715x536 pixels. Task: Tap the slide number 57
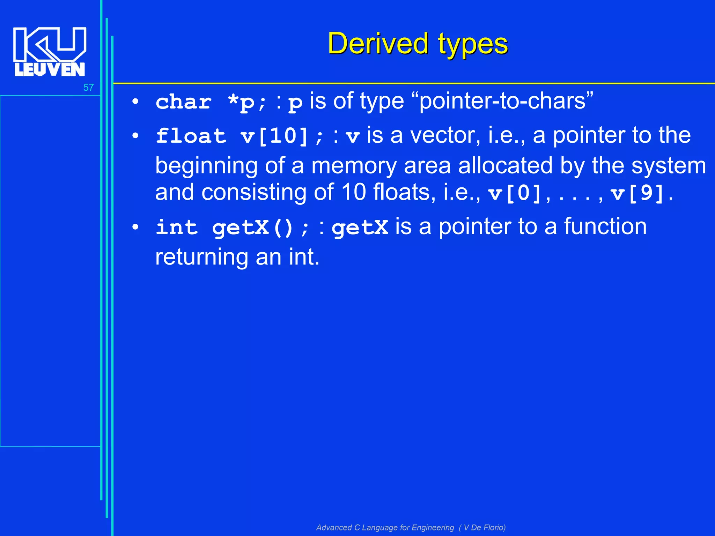[88, 88]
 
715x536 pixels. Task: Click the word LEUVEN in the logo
[50, 69]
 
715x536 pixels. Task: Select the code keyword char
[184, 102]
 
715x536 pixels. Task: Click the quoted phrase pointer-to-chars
[506, 101]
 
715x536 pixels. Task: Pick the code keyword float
[191, 136]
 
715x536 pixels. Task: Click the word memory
[354, 165]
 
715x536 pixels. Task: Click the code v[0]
[515, 193]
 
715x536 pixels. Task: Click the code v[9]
[637, 193]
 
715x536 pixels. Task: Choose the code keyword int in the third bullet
[177, 228]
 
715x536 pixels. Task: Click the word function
[605, 226]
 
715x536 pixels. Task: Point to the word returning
[201, 257]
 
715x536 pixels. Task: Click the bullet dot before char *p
[135, 102]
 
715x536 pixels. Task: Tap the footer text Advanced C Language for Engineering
[385, 527]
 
